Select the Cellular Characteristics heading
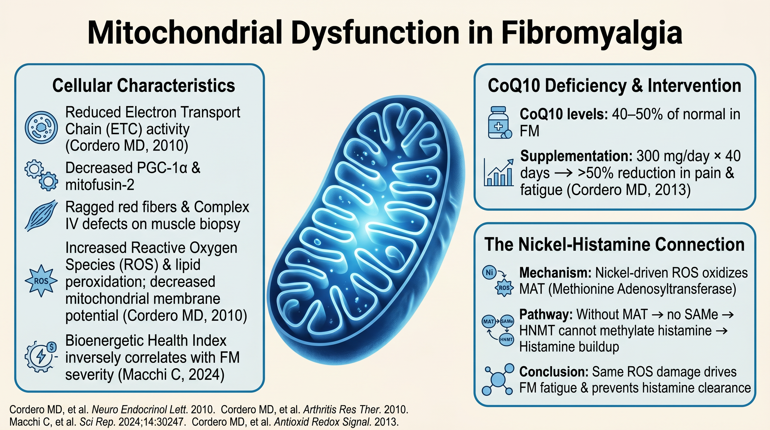[x=144, y=85]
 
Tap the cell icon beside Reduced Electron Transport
[x=41, y=127]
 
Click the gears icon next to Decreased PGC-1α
[x=41, y=175]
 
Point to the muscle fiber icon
[x=41, y=215]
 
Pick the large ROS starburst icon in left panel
[x=41, y=281]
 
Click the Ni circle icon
[x=489, y=272]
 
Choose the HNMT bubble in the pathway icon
[x=506, y=339]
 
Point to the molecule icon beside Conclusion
[x=498, y=379]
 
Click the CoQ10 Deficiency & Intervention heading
[x=614, y=85]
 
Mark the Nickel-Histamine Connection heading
[x=614, y=244]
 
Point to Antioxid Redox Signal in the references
[x=322, y=422]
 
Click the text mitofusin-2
[x=100, y=185]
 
